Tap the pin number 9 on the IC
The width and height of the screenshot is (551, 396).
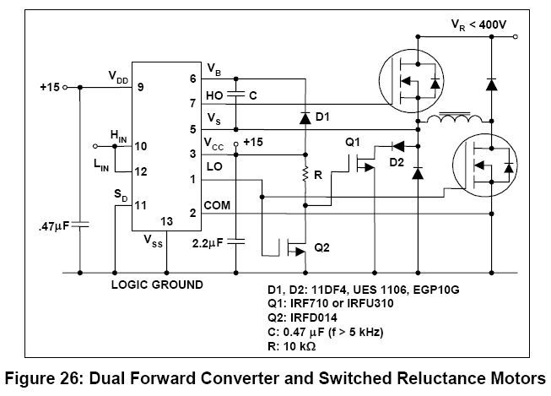click(x=141, y=86)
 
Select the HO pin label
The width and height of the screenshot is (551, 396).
click(x=214, y=96)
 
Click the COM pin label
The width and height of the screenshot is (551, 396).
click(x=217, y=205)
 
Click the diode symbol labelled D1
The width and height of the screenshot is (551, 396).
click(x=304, y=117)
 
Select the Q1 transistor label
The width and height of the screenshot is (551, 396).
click(x=352, y=141)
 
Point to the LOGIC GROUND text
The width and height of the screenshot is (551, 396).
click(x=157, y=285)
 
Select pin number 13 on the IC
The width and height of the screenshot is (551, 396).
click(x=167, y=221)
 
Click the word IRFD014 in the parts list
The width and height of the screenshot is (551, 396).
click(x=323, y=317)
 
